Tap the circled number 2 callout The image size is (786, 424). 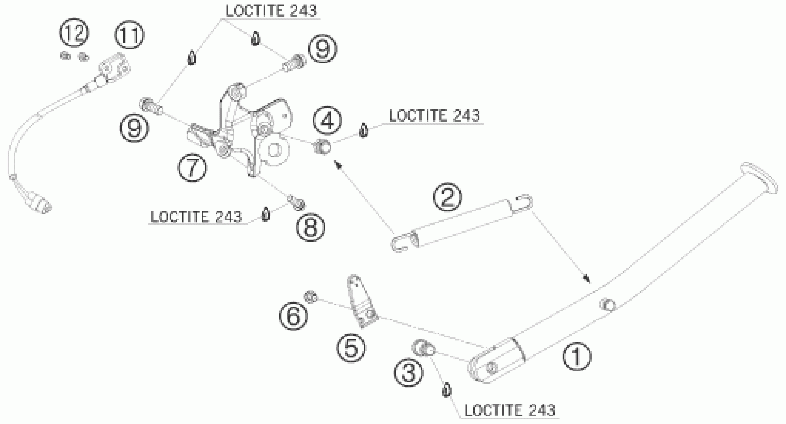tap(448, 197)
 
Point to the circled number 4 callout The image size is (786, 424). tap(327, 121)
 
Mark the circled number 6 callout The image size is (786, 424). tap(293, 316)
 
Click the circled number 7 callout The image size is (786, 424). tap(192, 168)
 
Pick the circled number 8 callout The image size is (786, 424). tap(310, 227)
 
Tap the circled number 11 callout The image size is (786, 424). tap(129, 34)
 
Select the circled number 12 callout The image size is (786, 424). tap(74, 33)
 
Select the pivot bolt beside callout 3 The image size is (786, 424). tap(423, 348)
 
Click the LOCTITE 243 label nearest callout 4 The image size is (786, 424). tap(434, 116)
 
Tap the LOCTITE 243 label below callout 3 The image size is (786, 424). tap(509, 410)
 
